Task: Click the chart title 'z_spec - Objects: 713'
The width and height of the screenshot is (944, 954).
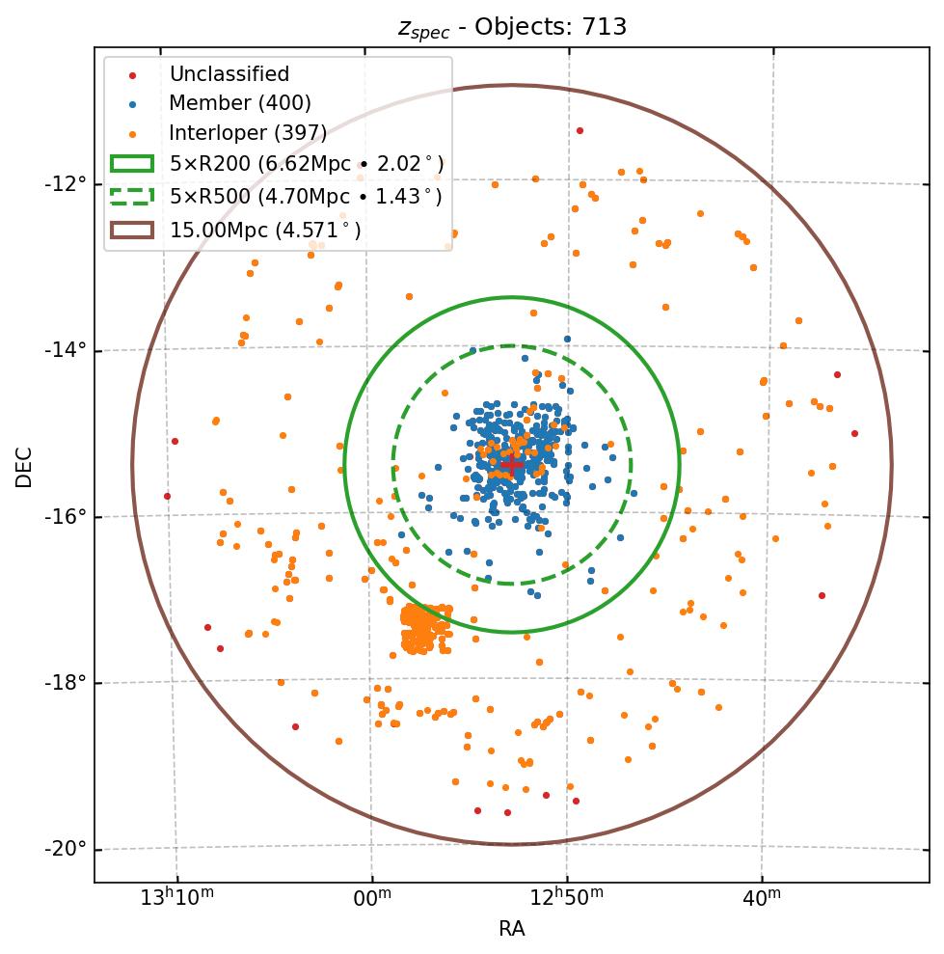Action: pyautogui.click(x=512, y=27)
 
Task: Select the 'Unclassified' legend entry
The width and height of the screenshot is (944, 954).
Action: pyautogui.click(x=229, y=74)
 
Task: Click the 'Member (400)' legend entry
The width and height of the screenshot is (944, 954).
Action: pyautogui.click(x=239, y=103)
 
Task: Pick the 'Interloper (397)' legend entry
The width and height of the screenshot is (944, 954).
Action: pyautogui.click(x=248, y=133)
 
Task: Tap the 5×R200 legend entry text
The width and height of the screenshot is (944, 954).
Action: pyautogui.click(x=307, y=164)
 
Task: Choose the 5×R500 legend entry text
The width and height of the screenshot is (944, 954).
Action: pyautogui.click(x=306, y=197)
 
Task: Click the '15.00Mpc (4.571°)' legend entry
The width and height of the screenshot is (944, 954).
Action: pyautogui.click(x=265, y=230)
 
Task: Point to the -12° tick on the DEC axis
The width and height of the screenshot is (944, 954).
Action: pyautogui.click(x=67, y=183)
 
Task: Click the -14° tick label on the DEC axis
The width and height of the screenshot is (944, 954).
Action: pyautogui.click(x=67, y=349)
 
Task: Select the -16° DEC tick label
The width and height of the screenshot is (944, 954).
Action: pyautogui.click(x=67, y=516)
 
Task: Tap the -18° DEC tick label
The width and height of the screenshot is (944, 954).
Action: pyautogui.click(x=67, y=682)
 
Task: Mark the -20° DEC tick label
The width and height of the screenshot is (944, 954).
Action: pyautogui.click(x=67, y=849)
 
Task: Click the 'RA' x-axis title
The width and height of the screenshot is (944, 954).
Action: pyautogui.click(x=511, y=929)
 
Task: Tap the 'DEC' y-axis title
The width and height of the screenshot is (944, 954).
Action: pyautogui.click(x=24, y=465)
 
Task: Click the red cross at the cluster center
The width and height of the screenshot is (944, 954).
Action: pyautogui.click(x=511, y=465)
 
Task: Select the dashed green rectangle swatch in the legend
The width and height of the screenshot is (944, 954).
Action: pyautogui.click(x=132, y=197)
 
